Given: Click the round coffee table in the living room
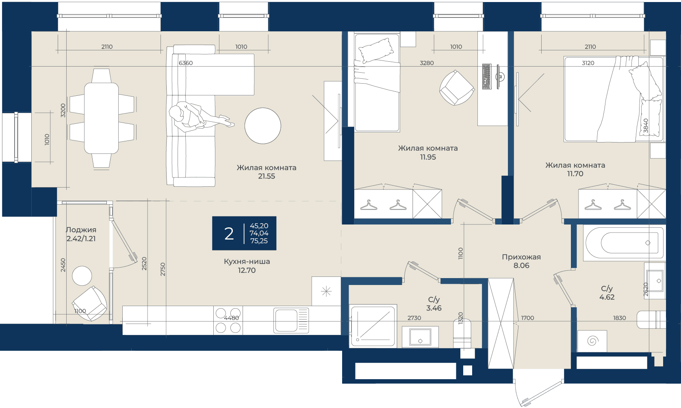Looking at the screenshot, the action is [262, 126].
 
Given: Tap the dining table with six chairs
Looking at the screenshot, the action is [102, 118].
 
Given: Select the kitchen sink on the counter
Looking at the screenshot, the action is [291, 320].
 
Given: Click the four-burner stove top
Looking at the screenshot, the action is [228, 320].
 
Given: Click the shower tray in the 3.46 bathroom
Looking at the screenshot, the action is [374, 326].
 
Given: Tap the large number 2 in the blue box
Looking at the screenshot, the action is [229, 233].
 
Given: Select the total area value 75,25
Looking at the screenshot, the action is [259, 241].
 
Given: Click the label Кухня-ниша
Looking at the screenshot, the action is [247, 261].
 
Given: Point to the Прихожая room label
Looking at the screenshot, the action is [521, 257].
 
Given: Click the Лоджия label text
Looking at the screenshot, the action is [81, 230].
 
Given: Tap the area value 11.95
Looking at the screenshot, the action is [428, 157].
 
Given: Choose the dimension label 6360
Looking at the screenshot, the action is [186, 63].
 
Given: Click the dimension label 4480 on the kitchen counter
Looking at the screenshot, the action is [231, 318].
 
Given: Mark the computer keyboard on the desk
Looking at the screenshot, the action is [487, 76].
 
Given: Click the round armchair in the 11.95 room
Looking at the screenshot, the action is [457, 88].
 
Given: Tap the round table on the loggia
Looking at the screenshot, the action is [82, 276].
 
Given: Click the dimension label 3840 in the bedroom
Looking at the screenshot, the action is [646, 126].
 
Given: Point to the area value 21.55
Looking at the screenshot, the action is [267, 176].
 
